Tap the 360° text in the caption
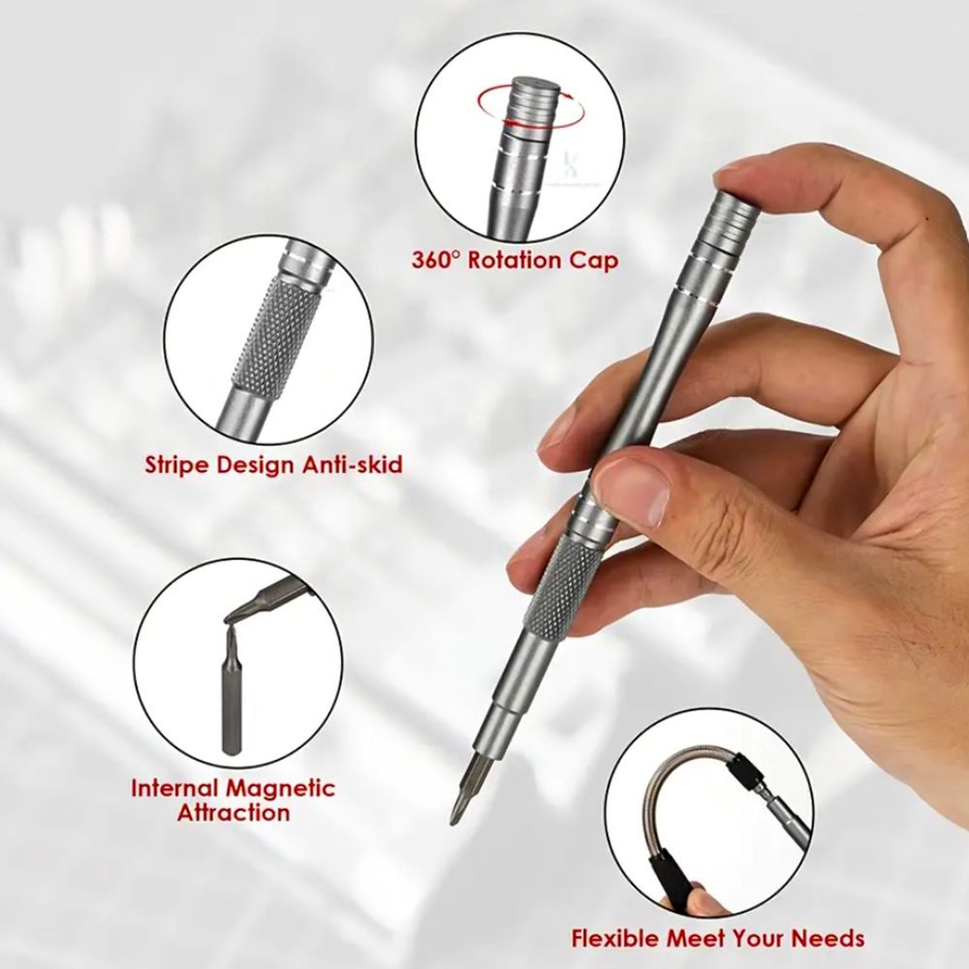tap(436, 260)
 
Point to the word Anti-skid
tap(353, 463)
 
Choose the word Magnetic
tap(281, 789)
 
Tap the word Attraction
tap(234, 813)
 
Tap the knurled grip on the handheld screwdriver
tap(562, 582)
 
